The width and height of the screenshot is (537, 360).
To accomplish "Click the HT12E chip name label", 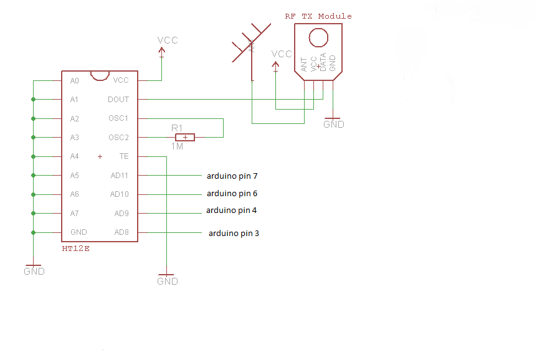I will [77, 249].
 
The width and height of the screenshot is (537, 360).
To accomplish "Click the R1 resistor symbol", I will [184, 137].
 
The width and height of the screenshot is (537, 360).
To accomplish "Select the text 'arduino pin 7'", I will [232, 176].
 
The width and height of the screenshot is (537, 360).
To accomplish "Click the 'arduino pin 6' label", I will [232, 194].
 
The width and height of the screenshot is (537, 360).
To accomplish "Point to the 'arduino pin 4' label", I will [231, 211].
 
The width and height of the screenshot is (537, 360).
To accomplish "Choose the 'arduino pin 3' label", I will [234, 234].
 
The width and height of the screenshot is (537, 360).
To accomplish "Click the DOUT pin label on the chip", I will [118, 100].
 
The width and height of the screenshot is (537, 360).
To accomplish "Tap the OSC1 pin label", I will [118, 118].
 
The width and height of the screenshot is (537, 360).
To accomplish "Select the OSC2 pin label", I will [118, 138].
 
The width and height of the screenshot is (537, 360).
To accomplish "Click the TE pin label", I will [124, 156].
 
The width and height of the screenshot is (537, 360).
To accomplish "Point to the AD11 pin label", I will [120, 176].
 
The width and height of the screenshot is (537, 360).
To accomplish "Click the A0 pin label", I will [75, 81].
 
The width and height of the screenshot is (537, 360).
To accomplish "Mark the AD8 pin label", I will [121, 232].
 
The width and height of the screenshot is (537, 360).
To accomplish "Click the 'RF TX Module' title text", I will [318, 16].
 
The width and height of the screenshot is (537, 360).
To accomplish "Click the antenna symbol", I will [250, 44].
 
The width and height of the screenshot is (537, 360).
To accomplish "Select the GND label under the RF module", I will [333, 125].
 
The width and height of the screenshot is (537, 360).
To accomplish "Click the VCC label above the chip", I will [168, 40].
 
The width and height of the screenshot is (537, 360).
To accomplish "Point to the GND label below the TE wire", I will [168, 282].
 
